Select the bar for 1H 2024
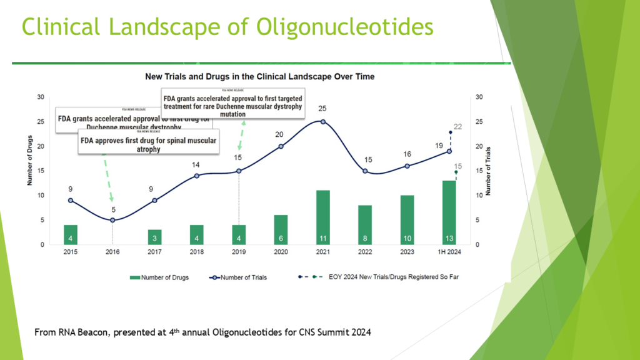pyautogui.click(x=449, y=212)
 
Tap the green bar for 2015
pyautogui.click(x=71, y=234)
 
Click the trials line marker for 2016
pyautogui.click(x=112, y=220)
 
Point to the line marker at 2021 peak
pyautogui.click(x=323, y=121)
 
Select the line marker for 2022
pyautogui.click(x=365, y=171)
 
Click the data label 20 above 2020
pyautogui.click(x=279, y=134)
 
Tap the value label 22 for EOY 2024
pyautogui.click(x=457, y=127)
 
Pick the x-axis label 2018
pyautogui.click(x=197, y=252)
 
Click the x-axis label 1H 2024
pyautogui.click(x=449, y=252)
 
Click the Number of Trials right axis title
pyautogui.click(x=488, y=171)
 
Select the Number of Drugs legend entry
pyautogui.click(x=159, y=277)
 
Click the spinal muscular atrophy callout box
pyautogui.click(x=148, y=144)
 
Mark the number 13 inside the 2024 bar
pyautogui.click(x=449, y=239)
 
